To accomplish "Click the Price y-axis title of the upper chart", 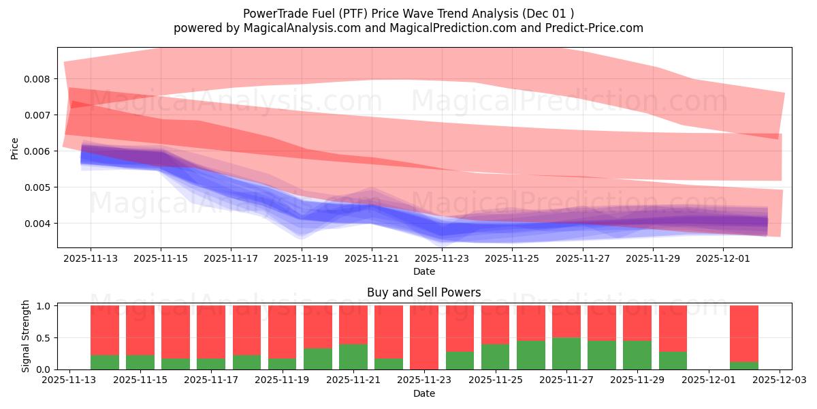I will point(14,148).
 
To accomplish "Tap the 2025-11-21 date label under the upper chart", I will point(372,259).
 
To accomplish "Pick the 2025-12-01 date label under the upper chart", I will point(723,259).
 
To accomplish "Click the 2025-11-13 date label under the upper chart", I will point(91,259).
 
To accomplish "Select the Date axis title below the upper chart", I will point(424,271).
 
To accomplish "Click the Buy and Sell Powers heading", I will point(424,292).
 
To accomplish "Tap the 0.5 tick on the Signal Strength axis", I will point(44,338).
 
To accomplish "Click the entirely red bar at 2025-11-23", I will point(424,337).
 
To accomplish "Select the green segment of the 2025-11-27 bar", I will point(566,354).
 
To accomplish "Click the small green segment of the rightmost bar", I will point(744,365).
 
